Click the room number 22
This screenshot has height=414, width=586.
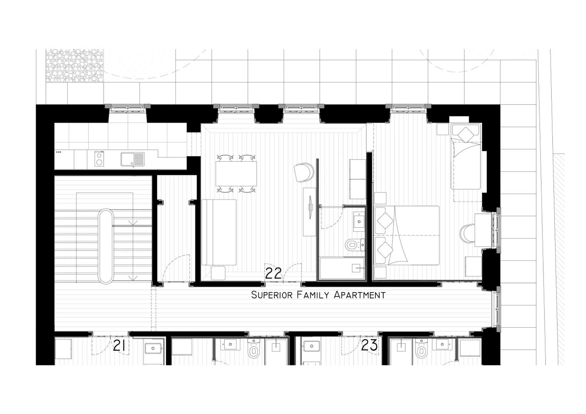pos(273,273)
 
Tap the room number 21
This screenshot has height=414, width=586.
pos(119,346)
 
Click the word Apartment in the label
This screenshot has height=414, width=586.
pos(360,295)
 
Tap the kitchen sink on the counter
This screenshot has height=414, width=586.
pos(133,159)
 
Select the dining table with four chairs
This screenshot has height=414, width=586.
pos(236,173)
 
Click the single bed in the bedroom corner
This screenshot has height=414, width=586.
pos(466,156)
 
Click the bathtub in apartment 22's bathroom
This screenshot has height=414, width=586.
pos(342,268)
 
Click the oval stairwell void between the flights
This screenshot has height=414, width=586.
pos(106,246)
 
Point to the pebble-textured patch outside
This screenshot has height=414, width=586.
pos(75,66)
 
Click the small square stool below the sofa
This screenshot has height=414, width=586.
pos(218,273)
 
